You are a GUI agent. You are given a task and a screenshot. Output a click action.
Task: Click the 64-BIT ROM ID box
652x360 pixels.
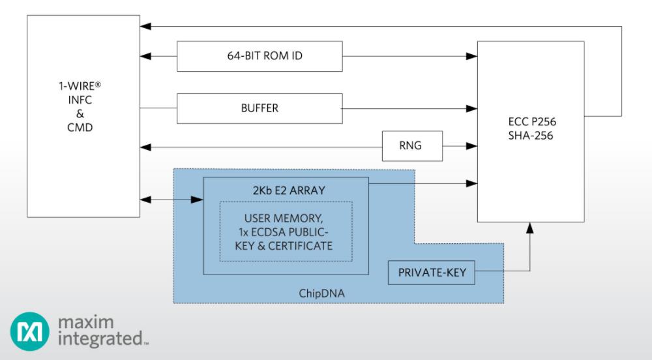click(259, 56)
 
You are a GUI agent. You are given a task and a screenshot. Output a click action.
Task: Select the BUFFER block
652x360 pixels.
click(259, 108)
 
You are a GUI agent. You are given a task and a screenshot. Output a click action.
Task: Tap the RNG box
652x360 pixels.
click(412, 146)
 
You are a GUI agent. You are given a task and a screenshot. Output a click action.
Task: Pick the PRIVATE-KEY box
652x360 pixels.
click(431, 273)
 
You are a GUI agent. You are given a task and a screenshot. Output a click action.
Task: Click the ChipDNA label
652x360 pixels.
click(322, 293)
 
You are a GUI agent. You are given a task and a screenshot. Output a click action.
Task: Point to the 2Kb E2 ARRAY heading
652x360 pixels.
click(289, 190)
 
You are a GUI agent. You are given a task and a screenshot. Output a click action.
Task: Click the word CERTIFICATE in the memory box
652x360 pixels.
click(300, 246)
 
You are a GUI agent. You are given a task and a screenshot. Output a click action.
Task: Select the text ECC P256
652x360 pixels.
click(532, 122)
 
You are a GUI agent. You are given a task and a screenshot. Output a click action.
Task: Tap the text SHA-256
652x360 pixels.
click(531, 136)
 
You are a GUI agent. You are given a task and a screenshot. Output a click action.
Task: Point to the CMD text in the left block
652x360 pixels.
click(80, 127)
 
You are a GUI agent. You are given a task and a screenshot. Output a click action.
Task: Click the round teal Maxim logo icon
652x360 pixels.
click(29, 331)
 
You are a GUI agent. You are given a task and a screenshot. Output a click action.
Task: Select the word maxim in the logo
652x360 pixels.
click(85, 322)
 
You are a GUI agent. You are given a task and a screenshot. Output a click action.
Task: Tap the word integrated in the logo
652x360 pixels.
click(100, 338)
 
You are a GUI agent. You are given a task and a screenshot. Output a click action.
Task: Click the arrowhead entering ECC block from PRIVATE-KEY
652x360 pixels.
click(529, 228)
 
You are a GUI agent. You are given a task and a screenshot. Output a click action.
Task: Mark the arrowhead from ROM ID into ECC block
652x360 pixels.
click(471, 56)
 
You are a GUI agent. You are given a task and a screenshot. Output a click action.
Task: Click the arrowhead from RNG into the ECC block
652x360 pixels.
click(471, 146)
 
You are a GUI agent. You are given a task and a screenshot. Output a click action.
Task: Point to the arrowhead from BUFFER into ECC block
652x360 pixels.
click(471, 108)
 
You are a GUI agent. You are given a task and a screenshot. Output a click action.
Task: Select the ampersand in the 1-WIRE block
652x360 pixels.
click(80, 113)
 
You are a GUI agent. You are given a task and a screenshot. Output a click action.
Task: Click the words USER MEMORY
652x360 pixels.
click(283, 218)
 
